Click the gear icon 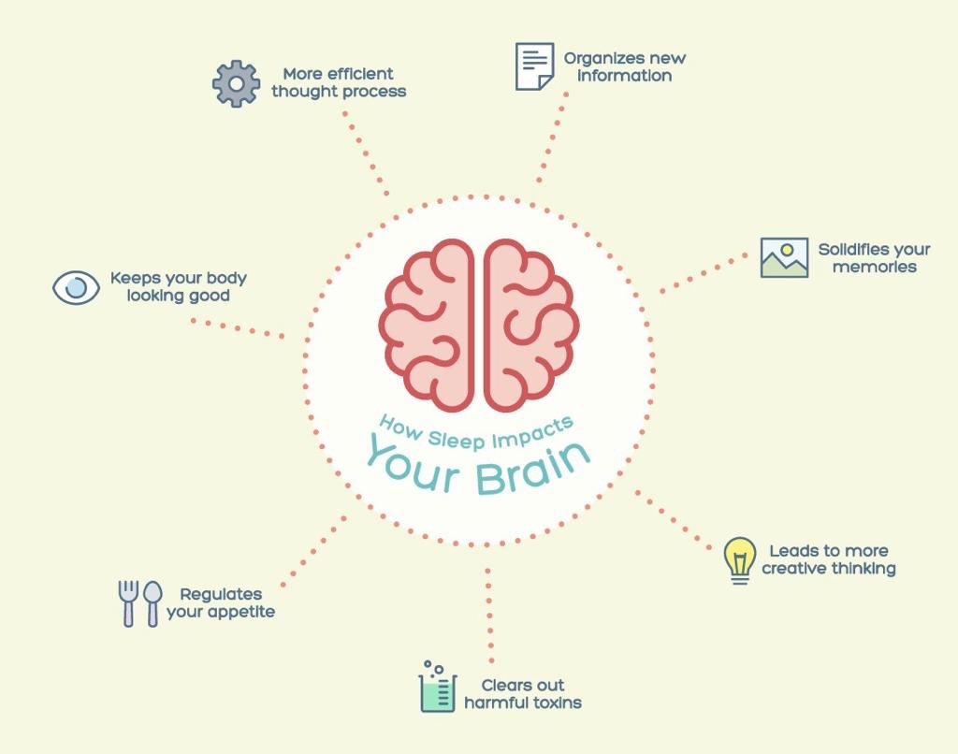[236, 84]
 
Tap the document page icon [534, 66]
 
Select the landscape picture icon [784, 258]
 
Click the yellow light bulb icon [740, 560]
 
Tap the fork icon [128, 602]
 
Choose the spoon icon [152, 602]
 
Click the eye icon [76, 286]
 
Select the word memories [874, 268]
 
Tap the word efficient [360, 74]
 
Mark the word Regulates [221, 594]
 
